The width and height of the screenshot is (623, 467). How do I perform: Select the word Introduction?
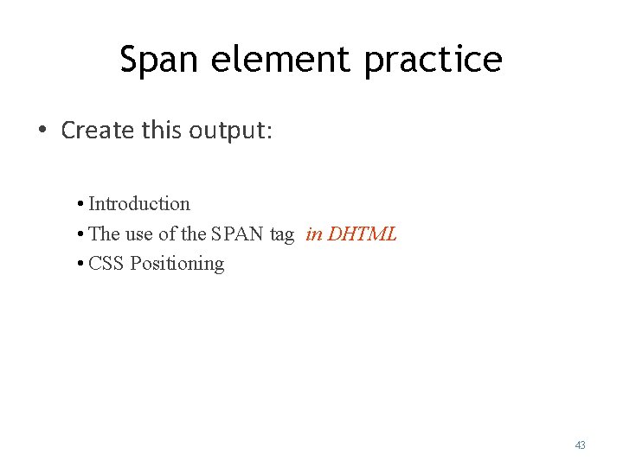click(x=139, y=204)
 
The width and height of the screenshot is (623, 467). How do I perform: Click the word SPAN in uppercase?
click(x=237, y=234)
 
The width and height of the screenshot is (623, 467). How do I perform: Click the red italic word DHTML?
click(x=363, y=234)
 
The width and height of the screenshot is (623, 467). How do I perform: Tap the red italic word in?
click(x=314, y=234)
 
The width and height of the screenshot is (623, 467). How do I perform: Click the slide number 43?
click(x=580, y=445)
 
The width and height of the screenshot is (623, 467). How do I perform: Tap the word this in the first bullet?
click(x=163, y=131)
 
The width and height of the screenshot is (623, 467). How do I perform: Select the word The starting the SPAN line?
click(x=105, y=234)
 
